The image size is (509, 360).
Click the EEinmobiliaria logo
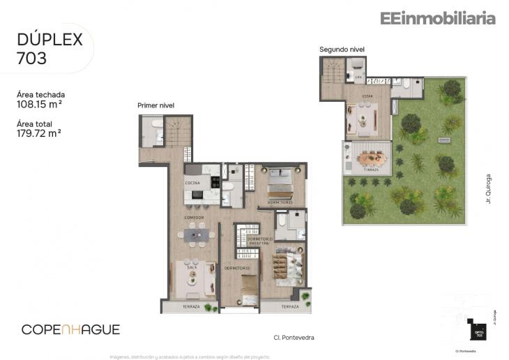[437, 19]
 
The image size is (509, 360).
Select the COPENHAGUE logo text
[70, 329]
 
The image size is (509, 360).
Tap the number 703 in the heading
[32, 59]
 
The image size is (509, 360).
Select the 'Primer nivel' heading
[155, 105]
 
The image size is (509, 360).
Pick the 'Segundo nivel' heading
[342, 50]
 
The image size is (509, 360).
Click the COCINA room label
[192, 183]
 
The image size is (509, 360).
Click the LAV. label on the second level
[358, 78]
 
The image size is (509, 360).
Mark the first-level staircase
[178, 132]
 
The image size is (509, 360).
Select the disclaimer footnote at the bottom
[188, 355]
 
